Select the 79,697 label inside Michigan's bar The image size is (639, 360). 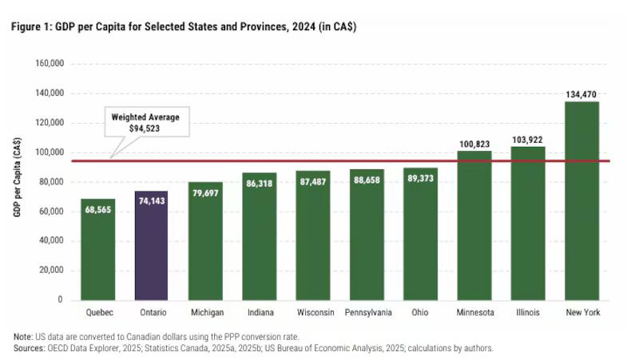(205, 193)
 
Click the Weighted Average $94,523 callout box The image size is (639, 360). (145, 122)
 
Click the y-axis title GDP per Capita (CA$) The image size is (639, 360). (17, 182)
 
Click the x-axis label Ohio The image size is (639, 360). (420, 312)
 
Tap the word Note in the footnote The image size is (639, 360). (22, 336)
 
